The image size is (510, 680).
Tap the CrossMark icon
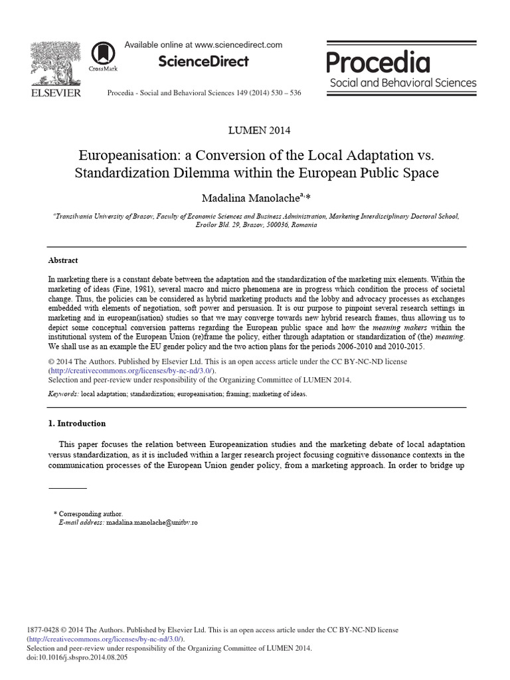102,54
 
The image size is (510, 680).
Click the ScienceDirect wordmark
203,61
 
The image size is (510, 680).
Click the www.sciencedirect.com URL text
239,44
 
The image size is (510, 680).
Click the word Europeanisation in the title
126,155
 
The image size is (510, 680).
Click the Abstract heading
63,260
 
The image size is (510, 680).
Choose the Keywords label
63,394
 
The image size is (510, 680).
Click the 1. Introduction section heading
77,423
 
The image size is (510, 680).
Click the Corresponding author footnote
90,514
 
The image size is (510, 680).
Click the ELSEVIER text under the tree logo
56,93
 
